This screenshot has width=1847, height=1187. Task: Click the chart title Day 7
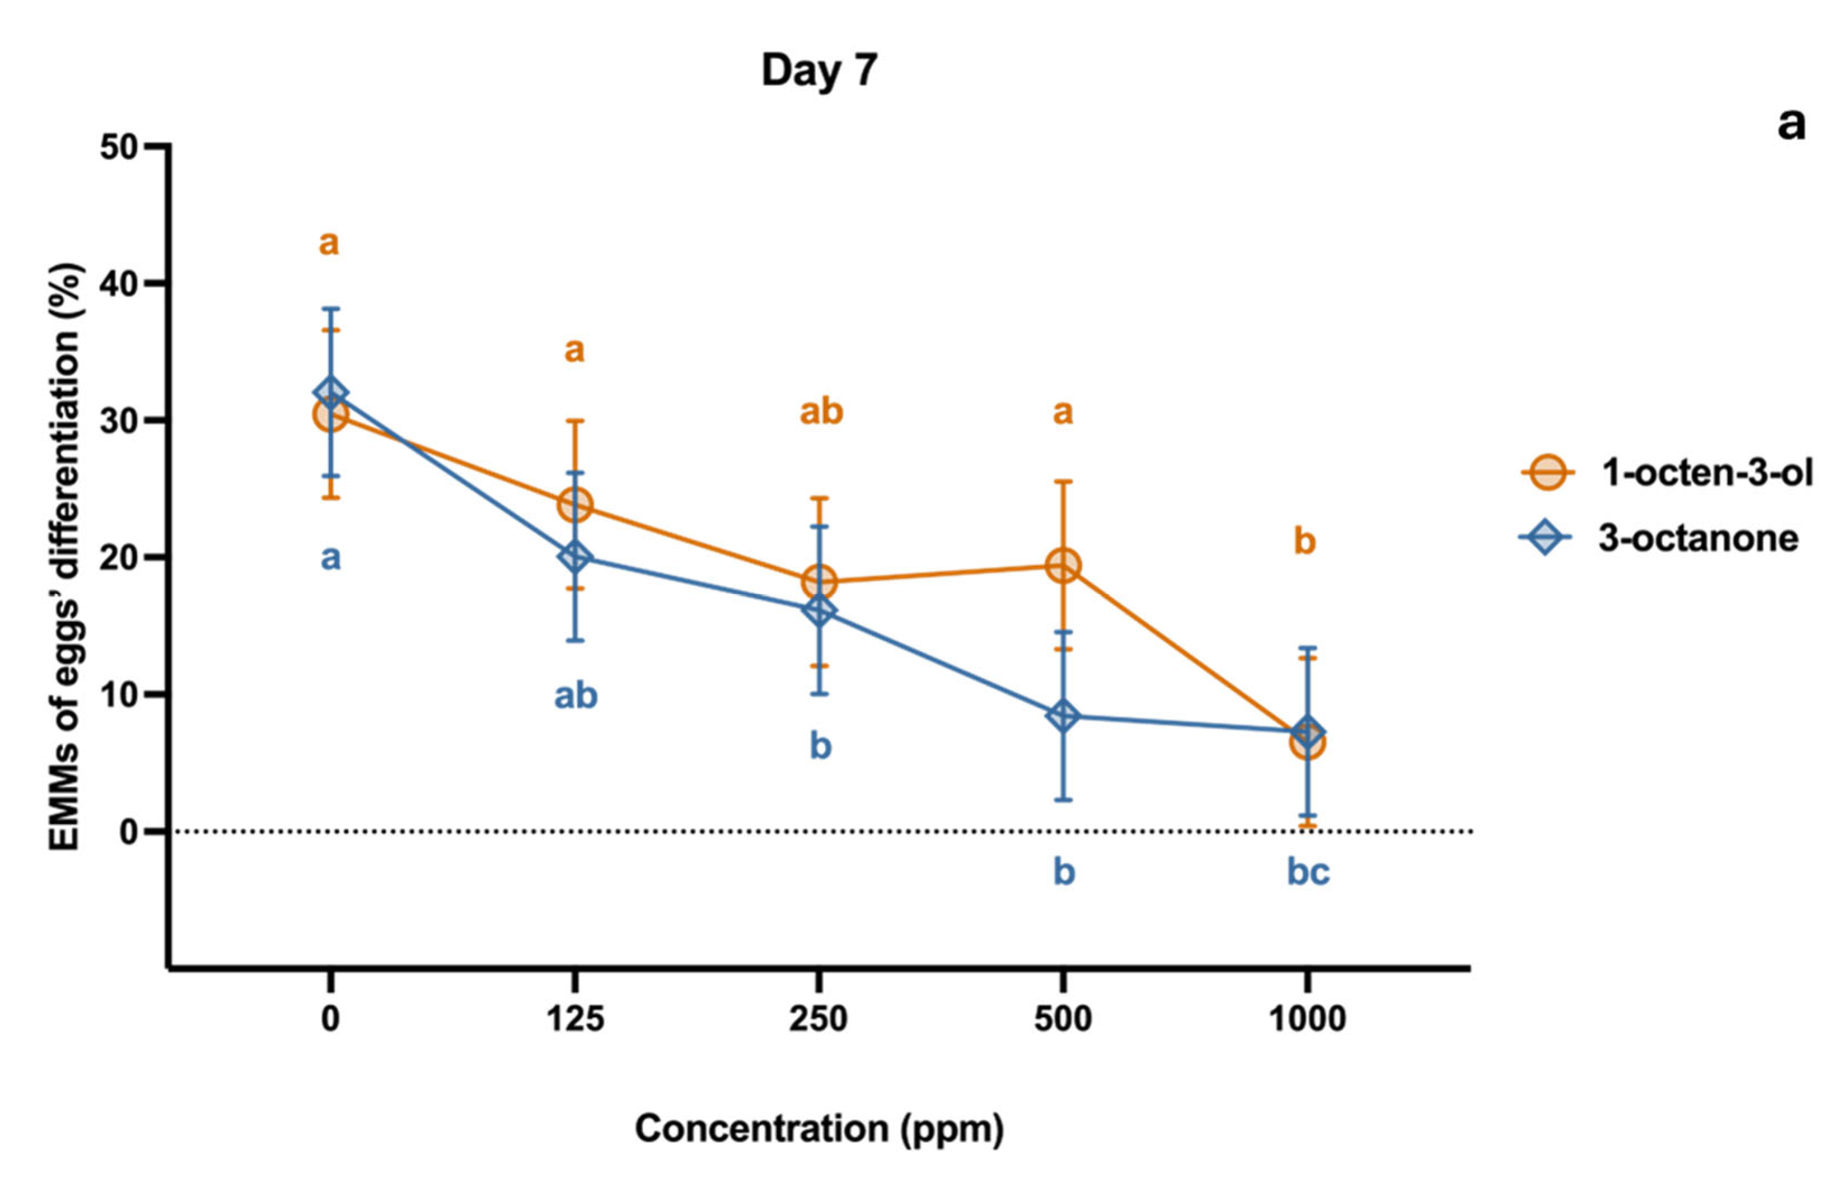click(x=819, y=70)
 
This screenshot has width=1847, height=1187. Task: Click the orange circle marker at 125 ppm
click(x=574, y=506)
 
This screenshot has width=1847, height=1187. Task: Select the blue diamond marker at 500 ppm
click(x=1063, y=715)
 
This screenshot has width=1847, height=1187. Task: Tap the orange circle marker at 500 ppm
click(x=1063, y=566)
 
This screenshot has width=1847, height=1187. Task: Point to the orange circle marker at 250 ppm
click(x=819, y=581)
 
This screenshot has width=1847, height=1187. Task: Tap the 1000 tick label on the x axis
click(x=1308, y=1019)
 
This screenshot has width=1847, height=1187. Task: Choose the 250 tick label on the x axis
click(x=818, y=1019)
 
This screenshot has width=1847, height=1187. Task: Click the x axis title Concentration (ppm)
click(x=819, y=1129)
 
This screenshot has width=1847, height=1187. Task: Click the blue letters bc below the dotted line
click(x=1308, y=872)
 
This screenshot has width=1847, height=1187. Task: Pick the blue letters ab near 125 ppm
click(x=576, y=696)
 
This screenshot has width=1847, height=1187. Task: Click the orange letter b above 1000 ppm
click(x=1304, y=541)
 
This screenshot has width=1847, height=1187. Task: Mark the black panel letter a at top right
click(x=1791, y=123)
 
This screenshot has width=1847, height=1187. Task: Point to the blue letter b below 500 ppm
click(x=1063, y=872)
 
